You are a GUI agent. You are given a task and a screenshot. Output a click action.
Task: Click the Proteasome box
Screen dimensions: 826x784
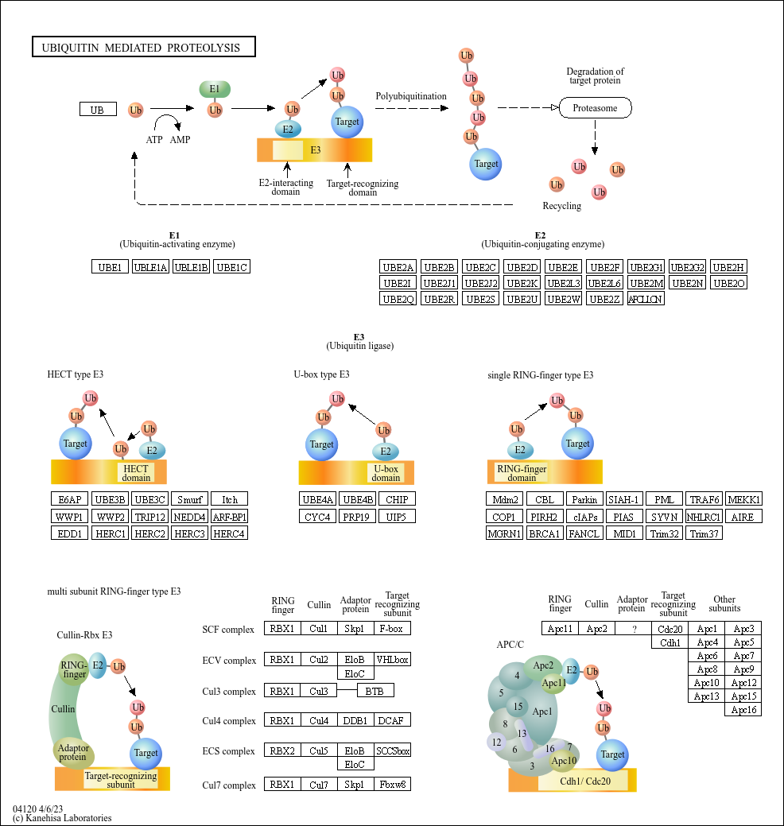(x=595, y=108)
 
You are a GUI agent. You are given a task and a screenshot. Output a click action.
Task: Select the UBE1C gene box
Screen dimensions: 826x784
(x=232, y=267)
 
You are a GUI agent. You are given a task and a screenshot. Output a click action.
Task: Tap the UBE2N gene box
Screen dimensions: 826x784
(x=687, y=283)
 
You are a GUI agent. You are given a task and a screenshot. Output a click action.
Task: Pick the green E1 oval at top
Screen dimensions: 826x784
(x=215, y=89)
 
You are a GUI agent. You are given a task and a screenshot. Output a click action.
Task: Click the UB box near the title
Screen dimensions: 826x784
(x=98, y=110)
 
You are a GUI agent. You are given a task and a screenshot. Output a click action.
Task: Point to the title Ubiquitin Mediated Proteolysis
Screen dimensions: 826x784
(x=143, y=48)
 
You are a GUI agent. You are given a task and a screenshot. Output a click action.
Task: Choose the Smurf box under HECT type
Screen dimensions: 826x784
(x=189, y=499)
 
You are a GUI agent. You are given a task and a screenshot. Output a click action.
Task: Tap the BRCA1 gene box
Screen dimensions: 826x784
(x=544, y=533)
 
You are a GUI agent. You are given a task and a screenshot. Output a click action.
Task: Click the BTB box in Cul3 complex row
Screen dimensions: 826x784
(x=375, y=691)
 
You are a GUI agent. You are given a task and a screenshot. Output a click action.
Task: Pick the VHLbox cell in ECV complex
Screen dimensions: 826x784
(x=393, y=660)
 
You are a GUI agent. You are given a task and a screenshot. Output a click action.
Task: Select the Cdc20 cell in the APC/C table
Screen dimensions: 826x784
(x=670, y=629)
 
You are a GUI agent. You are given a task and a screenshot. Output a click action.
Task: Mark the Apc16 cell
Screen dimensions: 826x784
(x=743, y=710)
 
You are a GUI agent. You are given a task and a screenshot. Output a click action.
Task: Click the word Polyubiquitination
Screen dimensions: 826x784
(x=411, y=96)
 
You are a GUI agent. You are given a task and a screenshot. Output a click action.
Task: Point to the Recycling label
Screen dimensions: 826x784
(x=562, y=206)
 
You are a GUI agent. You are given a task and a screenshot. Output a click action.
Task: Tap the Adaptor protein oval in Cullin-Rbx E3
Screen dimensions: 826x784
(x=73, y=752)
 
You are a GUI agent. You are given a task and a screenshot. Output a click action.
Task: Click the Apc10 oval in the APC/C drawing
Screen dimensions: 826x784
(x=564, y=761)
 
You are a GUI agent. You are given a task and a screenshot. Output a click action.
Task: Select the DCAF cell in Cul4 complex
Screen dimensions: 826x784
(x=393, y=721)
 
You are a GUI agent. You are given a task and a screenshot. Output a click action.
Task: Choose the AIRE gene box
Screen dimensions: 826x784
(x=743, y=517)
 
